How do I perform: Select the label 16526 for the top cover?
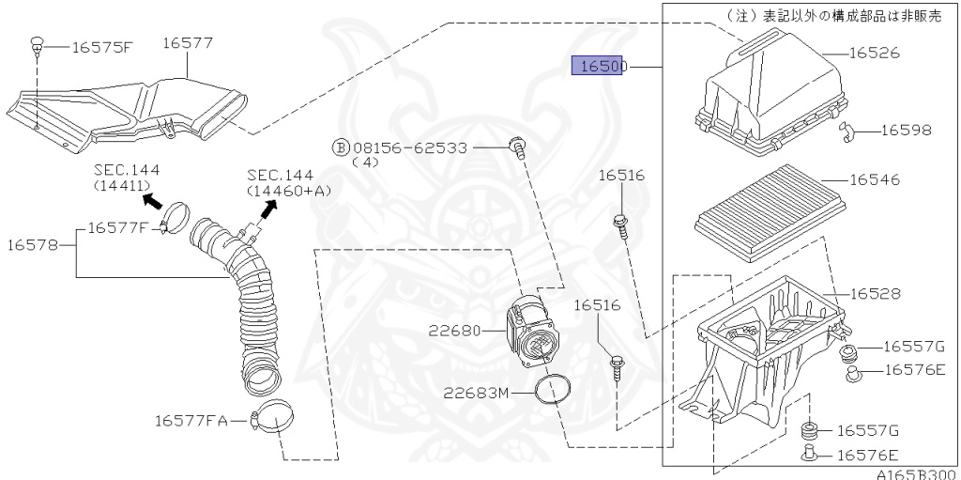(x=875, y=53)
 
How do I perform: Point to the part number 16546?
(x=875, y=179)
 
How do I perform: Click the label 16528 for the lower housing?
(x=875, y=294)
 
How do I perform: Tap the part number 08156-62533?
(x=409, y=147)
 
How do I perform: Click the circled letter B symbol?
(x=340, y=147)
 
